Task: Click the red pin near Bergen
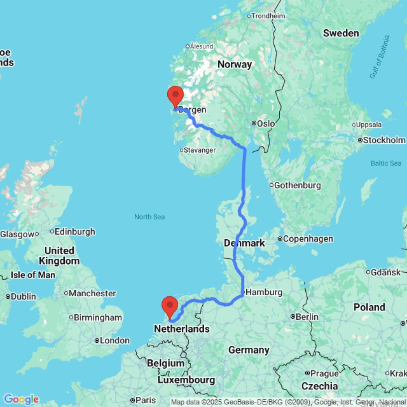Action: [175, 96]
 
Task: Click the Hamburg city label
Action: [264, 292]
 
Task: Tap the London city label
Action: [115, 340]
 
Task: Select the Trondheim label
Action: [269, 16]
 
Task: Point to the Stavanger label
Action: [199, 150]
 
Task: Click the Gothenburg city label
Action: [297, 185]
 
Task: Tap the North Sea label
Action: [149, 217]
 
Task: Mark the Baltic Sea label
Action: [386, 163]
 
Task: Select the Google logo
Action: [21, 399]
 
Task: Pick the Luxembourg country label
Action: [186, 380]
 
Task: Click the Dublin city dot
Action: [8, 297]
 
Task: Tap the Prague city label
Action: [324, 373]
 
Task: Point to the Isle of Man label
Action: [33, 275]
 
